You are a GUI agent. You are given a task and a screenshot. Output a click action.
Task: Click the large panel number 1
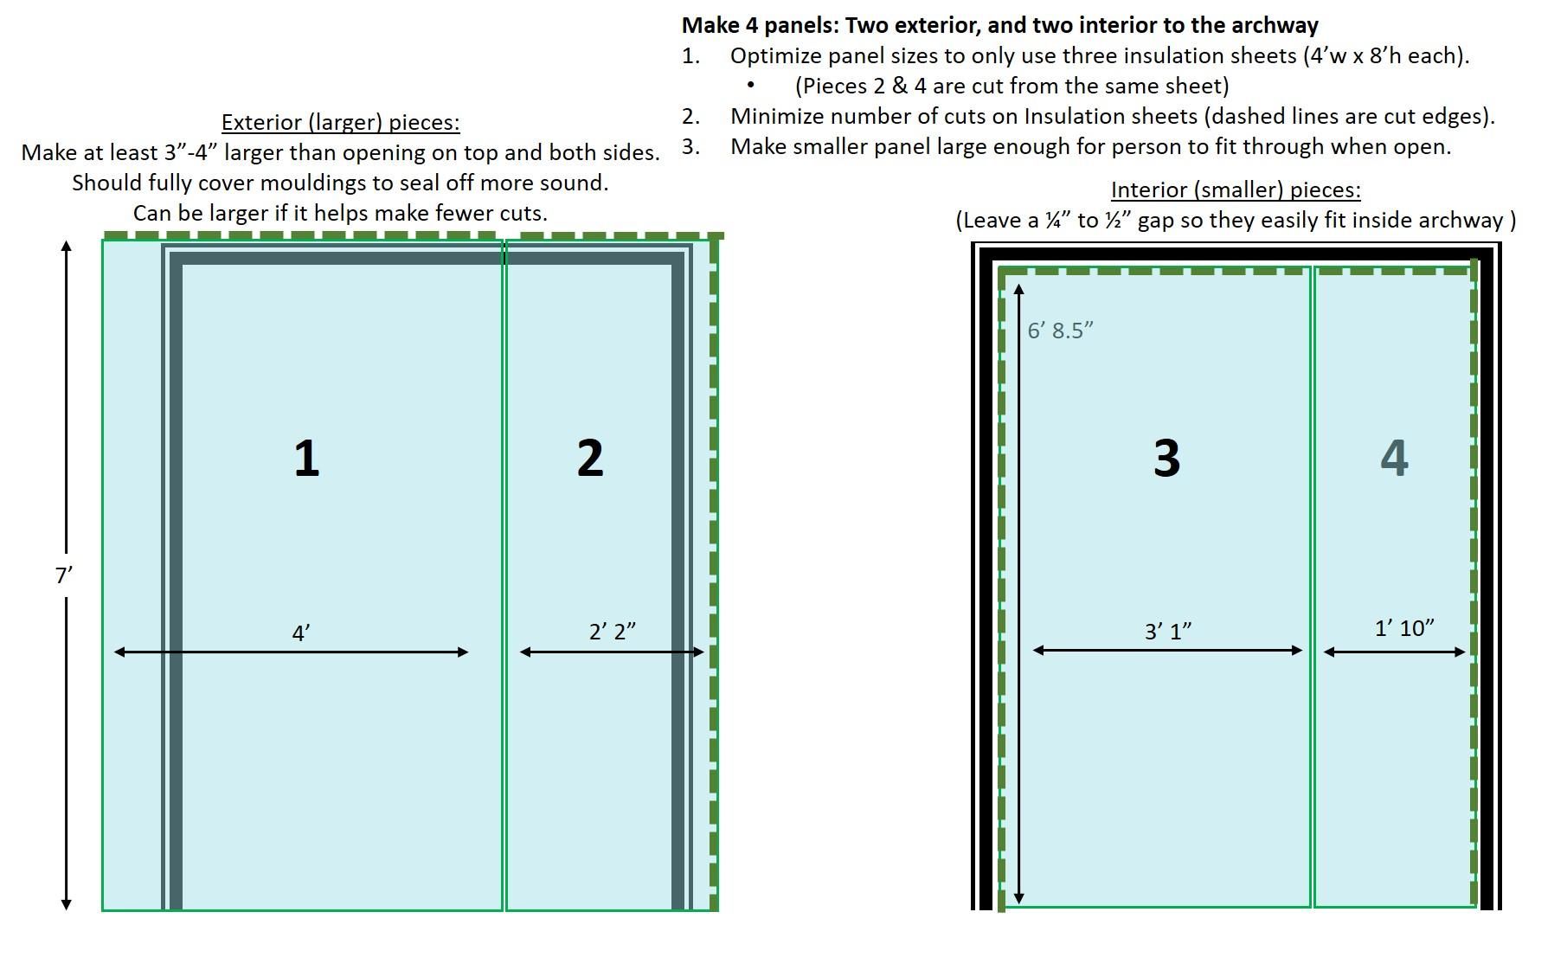(x=306, y=458)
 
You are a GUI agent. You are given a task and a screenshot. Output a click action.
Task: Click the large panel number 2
(x=590, y=458)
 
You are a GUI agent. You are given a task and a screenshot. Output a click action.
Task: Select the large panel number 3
(x=1166, y=458)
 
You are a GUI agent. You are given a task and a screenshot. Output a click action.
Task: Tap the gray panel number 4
(x=1394, y=458)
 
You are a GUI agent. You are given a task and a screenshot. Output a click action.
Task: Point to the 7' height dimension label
(x=63, y=575)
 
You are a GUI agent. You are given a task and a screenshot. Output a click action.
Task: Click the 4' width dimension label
(x=300, y=633)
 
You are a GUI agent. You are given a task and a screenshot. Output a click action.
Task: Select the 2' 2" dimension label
(x=613, y=632)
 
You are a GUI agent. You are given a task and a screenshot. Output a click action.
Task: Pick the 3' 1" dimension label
(x=1168, y=632)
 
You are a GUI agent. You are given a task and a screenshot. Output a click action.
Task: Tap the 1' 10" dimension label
(x=1404, y=628)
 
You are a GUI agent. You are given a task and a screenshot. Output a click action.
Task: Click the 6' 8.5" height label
(x=1061, y=331)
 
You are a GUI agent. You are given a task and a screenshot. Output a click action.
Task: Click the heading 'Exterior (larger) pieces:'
(x=340, y=123)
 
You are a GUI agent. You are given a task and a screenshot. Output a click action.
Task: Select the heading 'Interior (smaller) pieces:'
(x=1236, y=190)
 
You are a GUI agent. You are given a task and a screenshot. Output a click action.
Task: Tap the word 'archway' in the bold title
(x=1279, y=26)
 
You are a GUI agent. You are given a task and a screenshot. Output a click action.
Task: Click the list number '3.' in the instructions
(x=690, y=146)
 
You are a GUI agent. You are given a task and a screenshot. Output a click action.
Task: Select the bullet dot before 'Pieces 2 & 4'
(x=750, y=86)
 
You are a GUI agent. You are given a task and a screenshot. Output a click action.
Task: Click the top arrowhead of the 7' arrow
(x=67, y=247)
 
